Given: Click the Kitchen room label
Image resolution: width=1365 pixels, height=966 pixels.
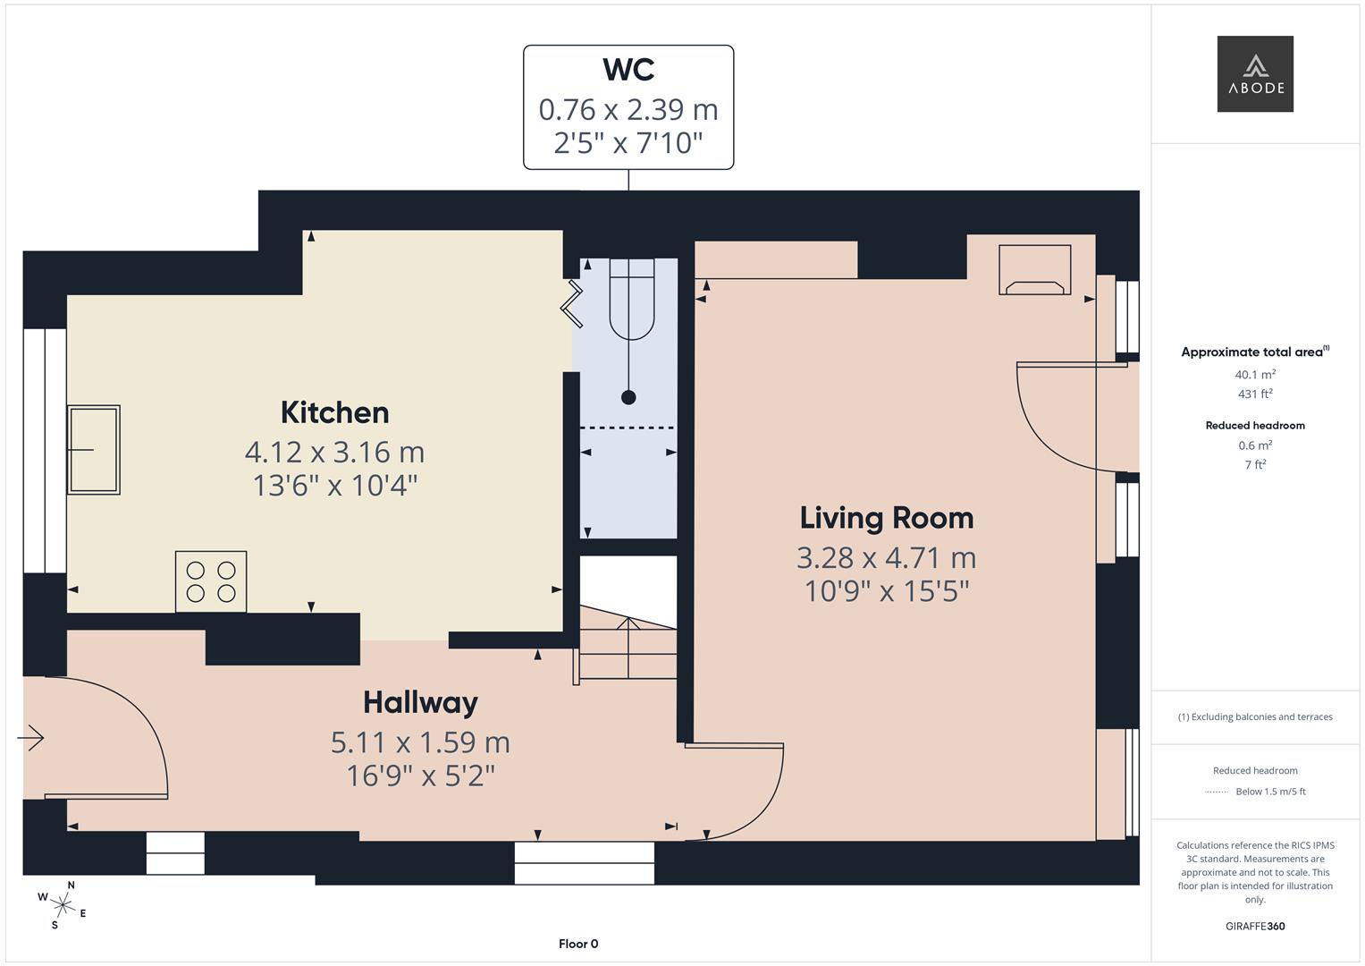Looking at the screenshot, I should [334, 412].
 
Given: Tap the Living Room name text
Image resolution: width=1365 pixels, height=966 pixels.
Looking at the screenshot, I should [886, 518].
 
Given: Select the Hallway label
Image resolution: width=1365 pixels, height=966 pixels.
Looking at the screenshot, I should [420, 702].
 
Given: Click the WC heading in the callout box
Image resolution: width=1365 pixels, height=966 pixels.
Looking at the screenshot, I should [628, 70].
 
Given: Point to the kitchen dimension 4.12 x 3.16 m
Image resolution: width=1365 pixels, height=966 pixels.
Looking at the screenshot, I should [334, 452].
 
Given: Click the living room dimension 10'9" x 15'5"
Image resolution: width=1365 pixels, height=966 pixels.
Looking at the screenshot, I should [886, 591].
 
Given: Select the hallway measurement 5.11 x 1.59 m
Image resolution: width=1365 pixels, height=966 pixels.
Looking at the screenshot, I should [420, 741].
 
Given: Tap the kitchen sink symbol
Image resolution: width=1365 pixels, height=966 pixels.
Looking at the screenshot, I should [94, 450].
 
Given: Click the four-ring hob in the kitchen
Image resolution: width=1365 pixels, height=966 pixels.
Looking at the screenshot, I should [211, 581].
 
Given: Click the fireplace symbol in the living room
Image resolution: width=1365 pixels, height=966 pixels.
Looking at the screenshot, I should [1034, 269].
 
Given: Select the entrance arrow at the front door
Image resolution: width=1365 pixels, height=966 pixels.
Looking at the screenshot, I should [31, 738].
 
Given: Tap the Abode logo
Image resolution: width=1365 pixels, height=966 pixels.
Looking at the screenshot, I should [1255, 74].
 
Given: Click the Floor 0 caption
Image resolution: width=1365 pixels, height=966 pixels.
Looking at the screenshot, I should [578, 944].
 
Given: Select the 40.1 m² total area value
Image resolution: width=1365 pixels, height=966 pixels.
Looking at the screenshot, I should [1255, 375].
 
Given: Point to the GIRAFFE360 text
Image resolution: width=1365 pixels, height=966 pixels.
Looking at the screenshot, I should [1255, 926].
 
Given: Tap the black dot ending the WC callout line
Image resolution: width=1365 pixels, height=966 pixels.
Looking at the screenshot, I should [628, 397].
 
